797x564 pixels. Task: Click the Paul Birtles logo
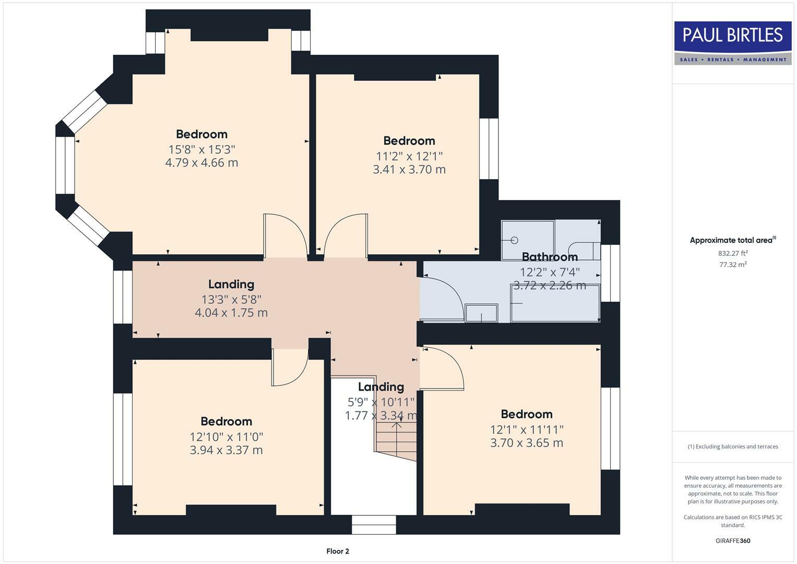tap(733, 42)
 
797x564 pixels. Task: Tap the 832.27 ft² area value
tap(733, 253)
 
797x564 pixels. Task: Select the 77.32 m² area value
tap(733, 265)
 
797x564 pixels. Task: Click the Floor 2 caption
tap(338, 551)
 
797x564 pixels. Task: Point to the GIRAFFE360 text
tap(733, 540)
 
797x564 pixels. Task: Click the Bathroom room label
tap(550, 257)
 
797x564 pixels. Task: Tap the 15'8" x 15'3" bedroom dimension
tap(201, 149)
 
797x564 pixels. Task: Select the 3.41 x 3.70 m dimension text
tap(409, 169)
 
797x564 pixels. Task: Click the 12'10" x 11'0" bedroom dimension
tap(226, 436)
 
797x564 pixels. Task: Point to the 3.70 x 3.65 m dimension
tap(527, 443)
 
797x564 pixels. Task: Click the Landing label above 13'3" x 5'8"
tap(231, 284)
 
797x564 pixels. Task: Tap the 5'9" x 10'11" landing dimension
tap(381, 402)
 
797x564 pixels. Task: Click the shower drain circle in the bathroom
tap(514, 240)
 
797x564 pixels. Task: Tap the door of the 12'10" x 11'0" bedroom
tap(290, 368)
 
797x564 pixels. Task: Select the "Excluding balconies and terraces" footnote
tap(733, 446)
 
